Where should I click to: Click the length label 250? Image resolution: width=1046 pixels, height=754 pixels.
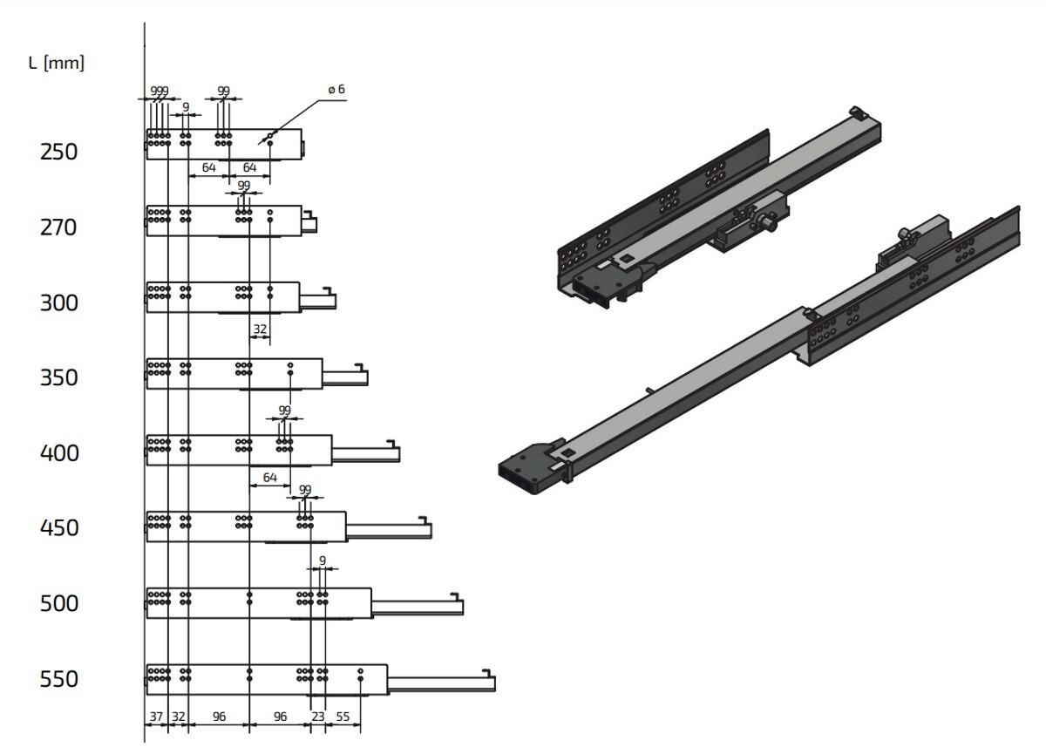coord(59,153)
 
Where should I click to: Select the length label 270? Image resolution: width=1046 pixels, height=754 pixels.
coord(58,228)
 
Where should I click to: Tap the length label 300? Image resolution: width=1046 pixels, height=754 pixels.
coord(59,303)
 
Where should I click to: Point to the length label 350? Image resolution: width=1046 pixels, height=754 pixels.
coord(59,377)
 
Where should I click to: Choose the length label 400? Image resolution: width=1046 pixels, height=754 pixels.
coord(59,453)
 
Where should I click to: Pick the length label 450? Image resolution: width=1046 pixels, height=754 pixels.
coord(59,528)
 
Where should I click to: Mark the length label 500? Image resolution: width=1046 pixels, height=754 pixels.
coord(59,604)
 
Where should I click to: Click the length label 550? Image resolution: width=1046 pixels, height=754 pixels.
coord(59,679)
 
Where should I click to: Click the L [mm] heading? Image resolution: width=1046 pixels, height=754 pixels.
coord(57,63)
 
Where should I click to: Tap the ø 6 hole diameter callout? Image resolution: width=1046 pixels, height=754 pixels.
coord(336,89)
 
